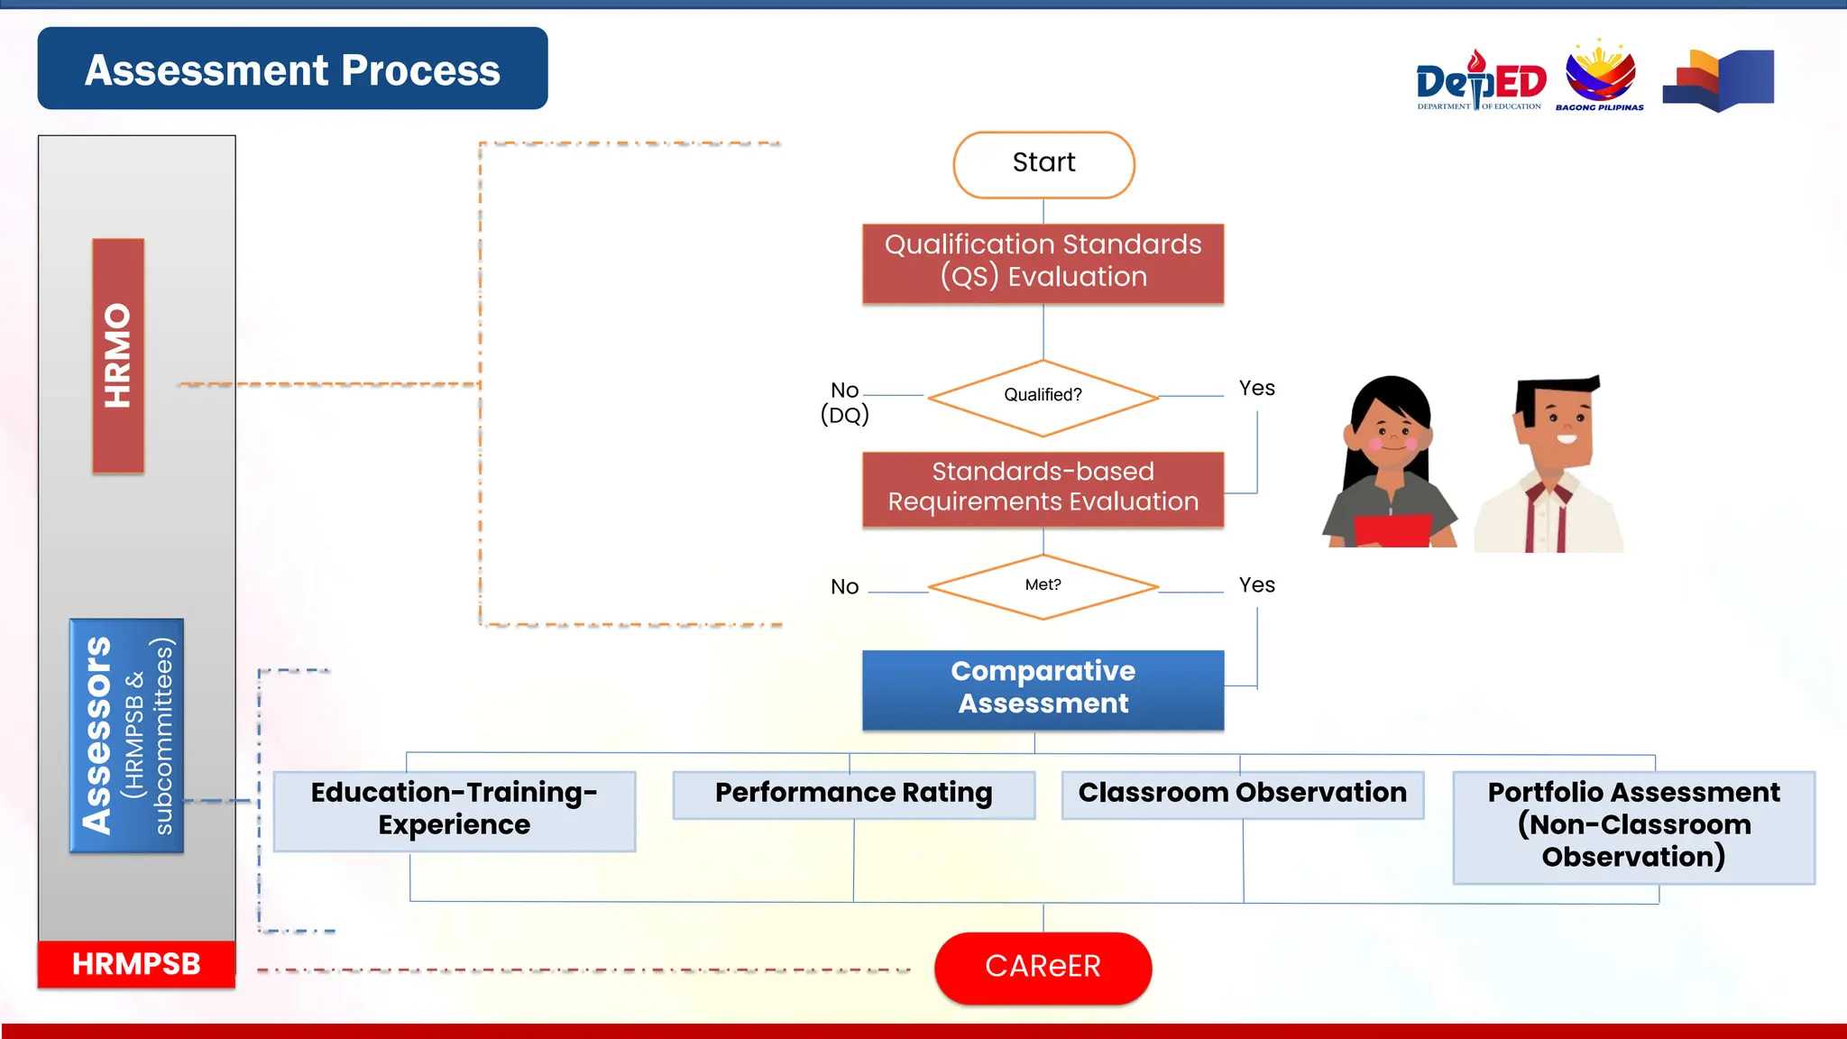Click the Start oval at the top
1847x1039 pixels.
(x=1043, y=164)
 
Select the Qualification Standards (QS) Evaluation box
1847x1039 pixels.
(x=1043, y=262)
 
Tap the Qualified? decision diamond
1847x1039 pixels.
(x=1043, y=397)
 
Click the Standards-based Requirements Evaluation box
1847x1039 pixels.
(x=1043, y=488)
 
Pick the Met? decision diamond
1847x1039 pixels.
(x=1043, y=586)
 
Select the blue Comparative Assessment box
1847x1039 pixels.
(x=1043, y=689)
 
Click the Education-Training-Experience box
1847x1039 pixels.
(x=455, y=809)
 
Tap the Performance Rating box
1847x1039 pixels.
(x=853, y=794)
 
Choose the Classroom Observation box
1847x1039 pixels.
(x=1242, y=794)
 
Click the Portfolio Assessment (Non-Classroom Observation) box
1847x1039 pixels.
(x=1633, y=825)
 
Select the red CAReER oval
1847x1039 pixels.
(x=1043, y=967)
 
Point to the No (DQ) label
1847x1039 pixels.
(x=845, y=402)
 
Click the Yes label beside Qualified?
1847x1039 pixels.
(x=1256, y=389)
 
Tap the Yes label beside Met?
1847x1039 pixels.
(x=1256, y=585)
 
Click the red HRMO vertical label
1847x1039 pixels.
(x=118, y=355)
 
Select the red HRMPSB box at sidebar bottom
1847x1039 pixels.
(x=136, y=964)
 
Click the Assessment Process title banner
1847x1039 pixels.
(x=292, y=69)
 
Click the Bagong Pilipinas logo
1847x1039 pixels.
(x=1599, y=76)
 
